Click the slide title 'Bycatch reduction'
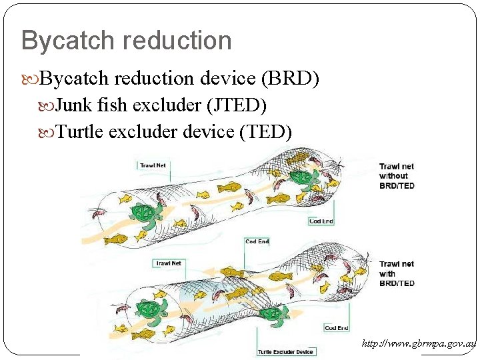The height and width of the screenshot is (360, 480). pos(127,41)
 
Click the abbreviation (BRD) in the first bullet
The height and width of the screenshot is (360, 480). pos(291,79)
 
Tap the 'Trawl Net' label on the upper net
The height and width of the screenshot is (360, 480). pos(153,165)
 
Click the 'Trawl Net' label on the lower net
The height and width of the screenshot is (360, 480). pos(169,263)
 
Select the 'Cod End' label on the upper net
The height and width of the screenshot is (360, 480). pos(321,221)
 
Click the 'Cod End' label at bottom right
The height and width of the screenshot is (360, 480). pos(337,328)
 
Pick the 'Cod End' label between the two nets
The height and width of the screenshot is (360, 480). pos(257,241)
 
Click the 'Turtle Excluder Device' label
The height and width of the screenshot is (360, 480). pos(285,351)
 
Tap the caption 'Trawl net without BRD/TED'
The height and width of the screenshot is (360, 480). pos(397,176)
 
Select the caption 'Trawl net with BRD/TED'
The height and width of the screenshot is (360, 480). pos(397,273)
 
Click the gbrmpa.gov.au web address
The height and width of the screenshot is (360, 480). pos(419,344)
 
